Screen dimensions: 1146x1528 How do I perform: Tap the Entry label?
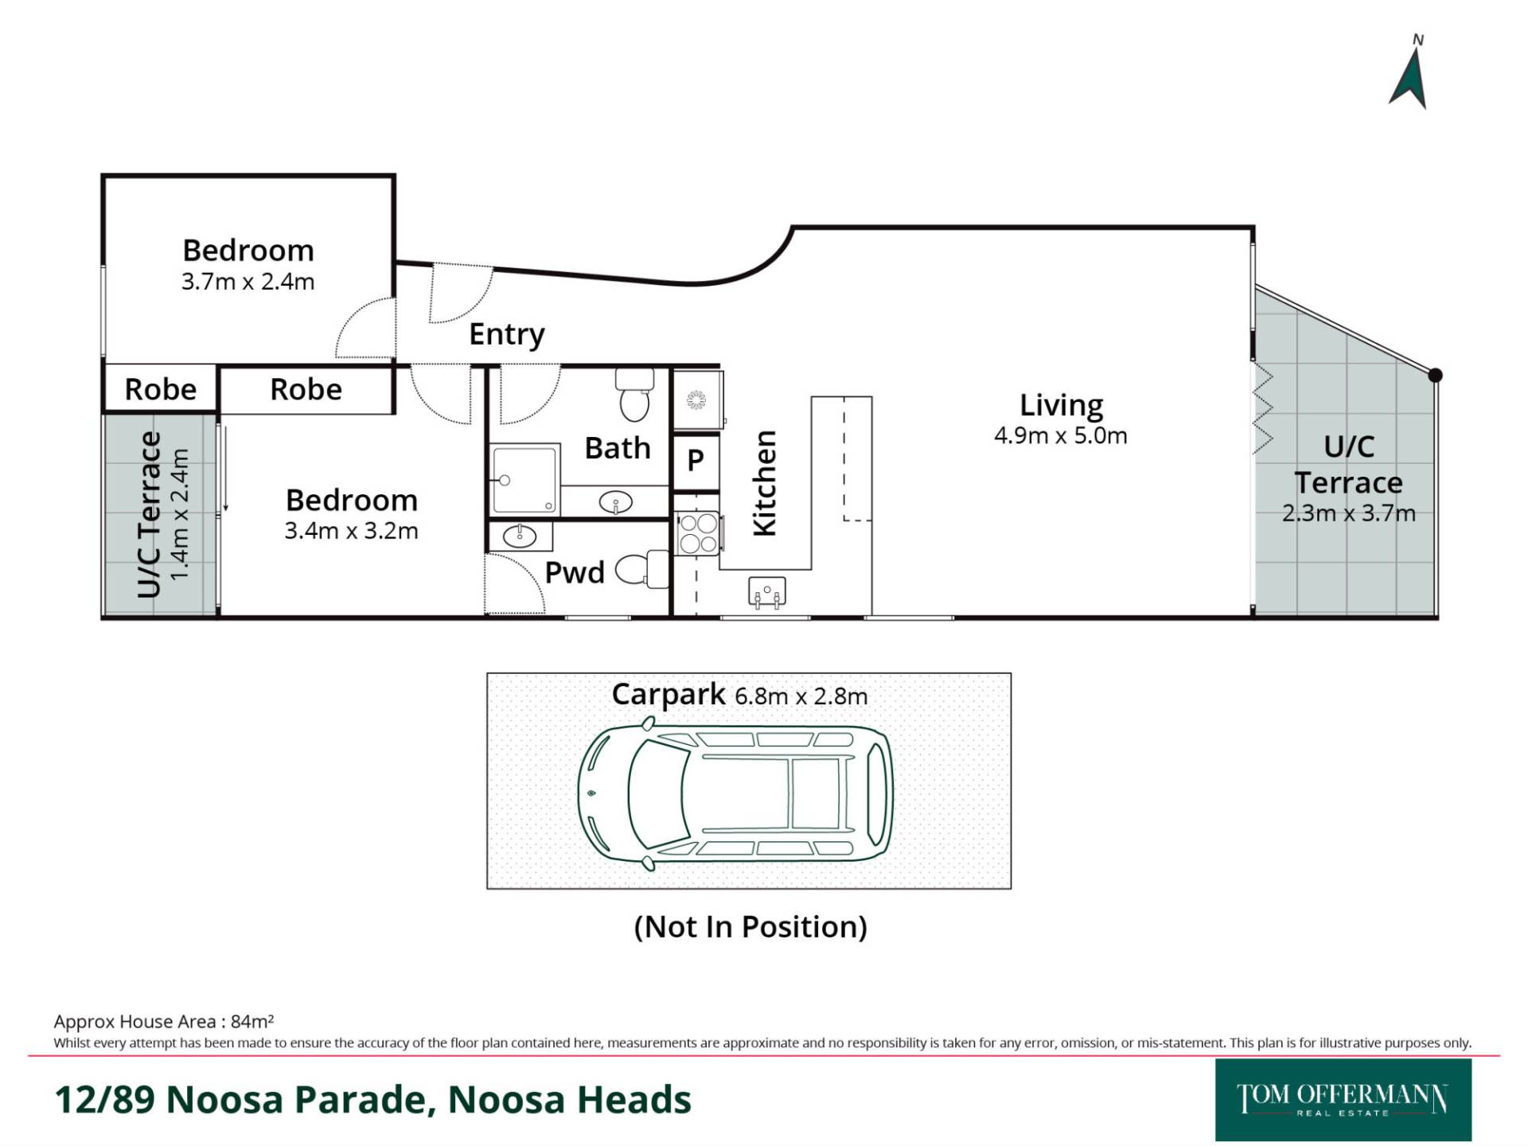pos(506,334)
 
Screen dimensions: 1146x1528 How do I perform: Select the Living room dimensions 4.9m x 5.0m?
pos(1060,436)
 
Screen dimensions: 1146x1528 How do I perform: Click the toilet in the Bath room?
pos(634,395)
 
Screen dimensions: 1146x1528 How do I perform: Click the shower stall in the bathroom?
pos(524,480)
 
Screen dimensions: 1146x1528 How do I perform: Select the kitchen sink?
pos(766,592)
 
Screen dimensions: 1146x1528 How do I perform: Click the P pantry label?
pos(696,460)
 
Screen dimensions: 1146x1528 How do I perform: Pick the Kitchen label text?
pos(764,483)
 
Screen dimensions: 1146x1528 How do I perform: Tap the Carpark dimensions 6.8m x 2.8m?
pos(801,696)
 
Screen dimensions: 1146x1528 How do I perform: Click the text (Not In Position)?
pos(750,926)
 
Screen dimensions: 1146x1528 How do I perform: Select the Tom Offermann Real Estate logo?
pos(1343,1100)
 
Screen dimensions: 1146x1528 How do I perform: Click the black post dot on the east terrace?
pos(1435,376)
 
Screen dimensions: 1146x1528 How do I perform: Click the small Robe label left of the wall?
pos(161,389)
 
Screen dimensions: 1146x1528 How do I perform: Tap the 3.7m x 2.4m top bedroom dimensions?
pos(248,282)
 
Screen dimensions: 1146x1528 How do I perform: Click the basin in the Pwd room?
pos(520,536)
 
